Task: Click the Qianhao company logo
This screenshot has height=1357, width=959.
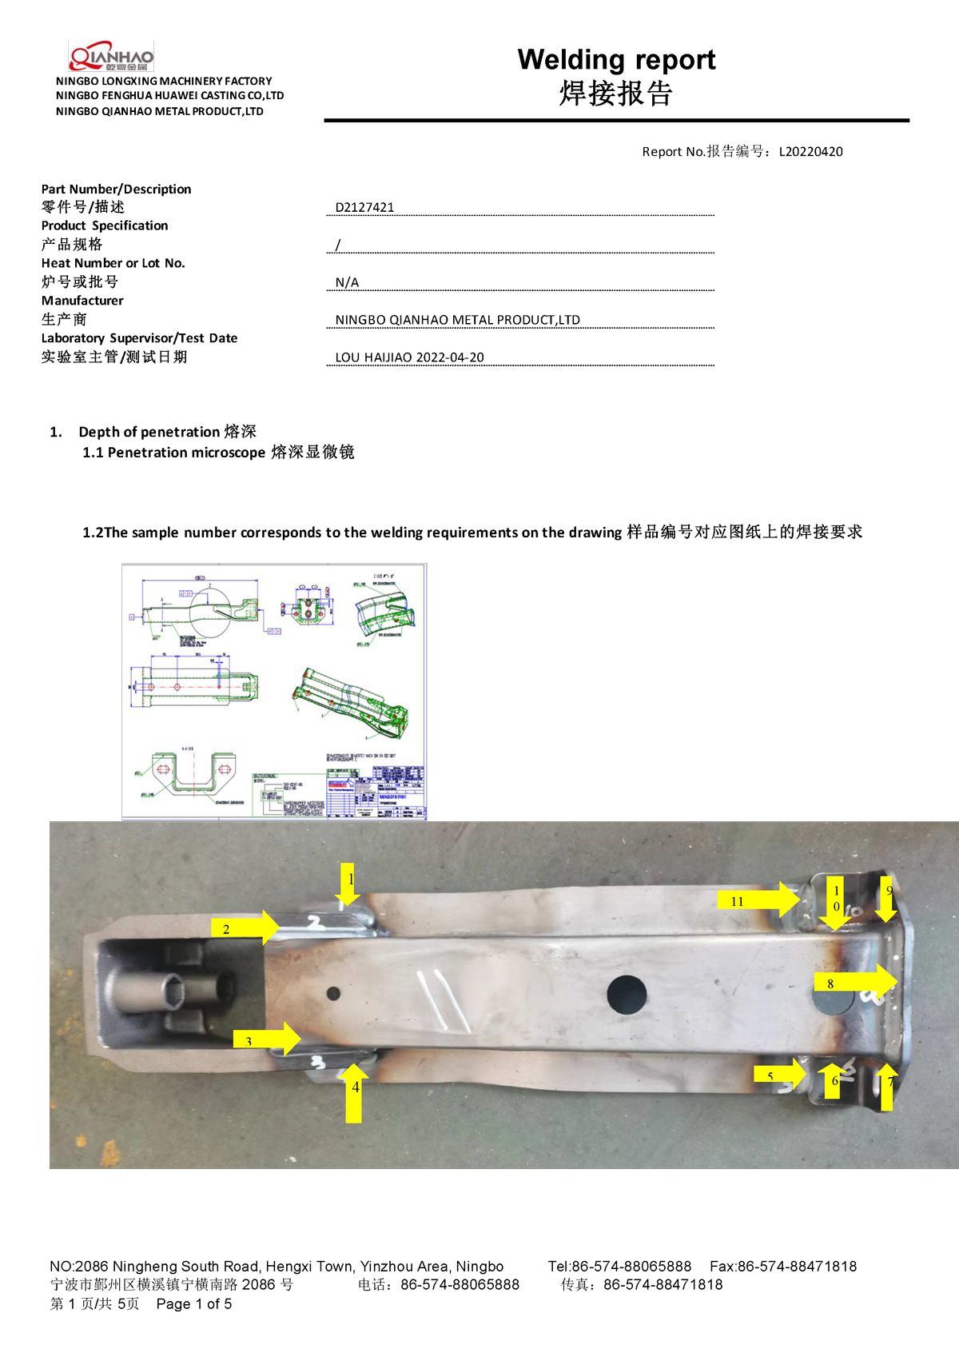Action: [111, 57]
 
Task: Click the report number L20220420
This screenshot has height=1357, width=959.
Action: [810, 152]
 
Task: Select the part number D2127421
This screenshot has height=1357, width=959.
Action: [364, 207]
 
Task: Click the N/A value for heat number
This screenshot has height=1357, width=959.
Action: [347, 282]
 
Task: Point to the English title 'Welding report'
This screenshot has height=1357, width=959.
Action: [616, 60]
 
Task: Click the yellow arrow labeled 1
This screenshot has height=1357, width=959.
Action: [348, 884]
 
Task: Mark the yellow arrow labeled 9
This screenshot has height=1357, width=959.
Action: [886, 899]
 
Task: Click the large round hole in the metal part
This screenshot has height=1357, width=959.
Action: [627, 994]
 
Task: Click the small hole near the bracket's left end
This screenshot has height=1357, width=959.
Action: [333, 993]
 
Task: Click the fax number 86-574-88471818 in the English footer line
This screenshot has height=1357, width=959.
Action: [796, 1266]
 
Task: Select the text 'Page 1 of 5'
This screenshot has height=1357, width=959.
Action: [194, 1303]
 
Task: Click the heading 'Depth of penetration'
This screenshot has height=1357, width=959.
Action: [149, 432]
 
